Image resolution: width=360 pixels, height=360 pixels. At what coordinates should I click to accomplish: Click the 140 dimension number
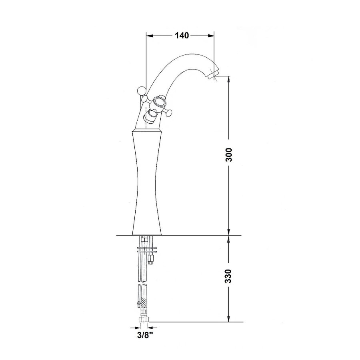click(181, 36)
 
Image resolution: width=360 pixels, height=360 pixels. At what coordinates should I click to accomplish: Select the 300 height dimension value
click(229, 154)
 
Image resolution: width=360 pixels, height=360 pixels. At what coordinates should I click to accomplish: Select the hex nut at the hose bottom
click(143, 320)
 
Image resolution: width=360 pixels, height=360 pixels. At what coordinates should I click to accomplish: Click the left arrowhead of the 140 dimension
click(149, 36)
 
